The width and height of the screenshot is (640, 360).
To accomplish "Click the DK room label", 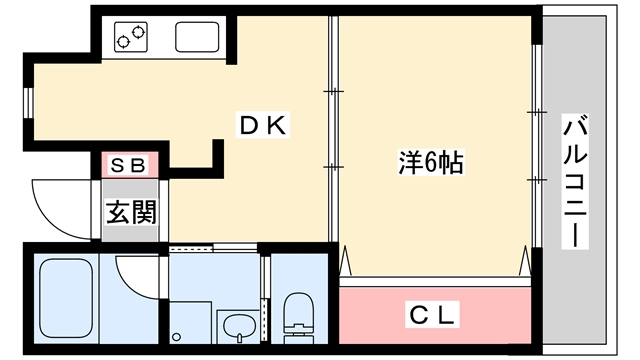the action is pos(263,125).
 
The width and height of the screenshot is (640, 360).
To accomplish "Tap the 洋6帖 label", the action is pos(431,162).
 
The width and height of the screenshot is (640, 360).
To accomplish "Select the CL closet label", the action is pos(432,315).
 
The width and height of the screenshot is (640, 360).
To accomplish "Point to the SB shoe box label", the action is pos(128,166).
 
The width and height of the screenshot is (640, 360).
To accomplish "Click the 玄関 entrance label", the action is pos(131,212).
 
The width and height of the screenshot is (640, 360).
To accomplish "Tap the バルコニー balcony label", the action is pos(575,181).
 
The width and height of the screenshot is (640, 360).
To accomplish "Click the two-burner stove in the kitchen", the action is pos(131,37).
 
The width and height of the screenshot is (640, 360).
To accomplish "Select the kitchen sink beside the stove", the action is pos(197,37).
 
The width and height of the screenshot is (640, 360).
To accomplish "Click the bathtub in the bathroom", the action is pos(66,298).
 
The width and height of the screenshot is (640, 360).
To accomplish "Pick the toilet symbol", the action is pos(298,318).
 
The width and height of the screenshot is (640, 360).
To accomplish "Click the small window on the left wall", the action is pos(28,102).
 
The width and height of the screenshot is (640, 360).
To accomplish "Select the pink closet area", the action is pos(435,315).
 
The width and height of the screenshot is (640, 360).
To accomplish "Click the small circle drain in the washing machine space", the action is pos(176,337).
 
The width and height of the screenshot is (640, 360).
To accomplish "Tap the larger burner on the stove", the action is pos(139,31).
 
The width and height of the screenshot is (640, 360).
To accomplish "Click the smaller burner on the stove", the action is pos(122,42).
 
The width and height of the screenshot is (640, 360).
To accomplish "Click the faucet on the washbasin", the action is pos(240,337).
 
